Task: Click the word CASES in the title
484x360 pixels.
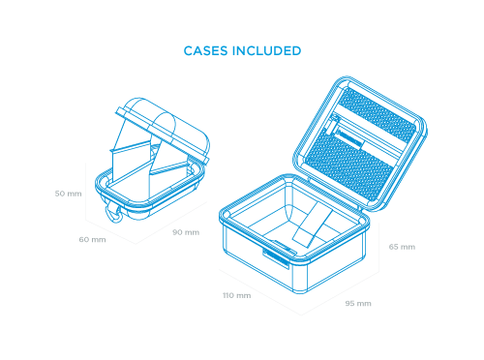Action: click(205, 50)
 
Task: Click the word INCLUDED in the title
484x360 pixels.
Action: click(265, 50)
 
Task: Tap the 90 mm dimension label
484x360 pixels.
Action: click(186, 232)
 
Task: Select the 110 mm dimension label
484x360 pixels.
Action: click(236, 294)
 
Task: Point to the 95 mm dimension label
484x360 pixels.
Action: click(358, 304)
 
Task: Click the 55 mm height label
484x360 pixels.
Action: click(402, 247)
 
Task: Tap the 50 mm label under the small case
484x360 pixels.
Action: click(92, 239)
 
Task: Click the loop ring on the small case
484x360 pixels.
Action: click(117, 213)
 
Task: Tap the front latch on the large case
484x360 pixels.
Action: click(275, 255)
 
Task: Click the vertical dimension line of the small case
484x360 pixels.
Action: click(84, 194)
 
